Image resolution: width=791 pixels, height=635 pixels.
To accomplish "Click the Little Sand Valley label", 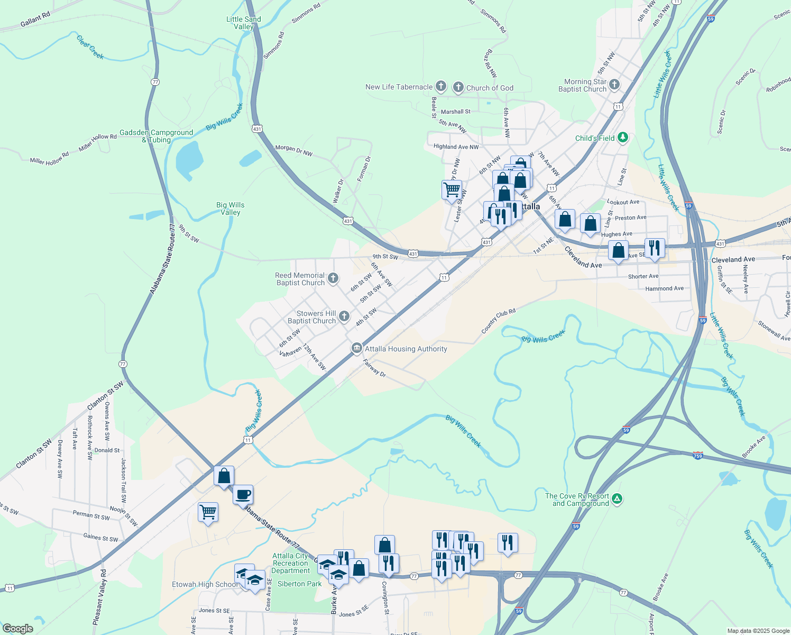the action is pyautogui.click(x=244, y=23).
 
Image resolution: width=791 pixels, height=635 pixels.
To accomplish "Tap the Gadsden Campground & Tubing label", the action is pyautogui.click(x=156, y=136).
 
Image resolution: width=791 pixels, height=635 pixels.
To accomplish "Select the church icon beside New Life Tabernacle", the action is pyautogui.click(x=441, y=87).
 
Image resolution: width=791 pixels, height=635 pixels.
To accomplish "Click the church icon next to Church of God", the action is pyautogui.click(x=458, y=87).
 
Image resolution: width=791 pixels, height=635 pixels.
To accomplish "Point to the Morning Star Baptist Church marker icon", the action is pyautogui.click(x=614, y=85).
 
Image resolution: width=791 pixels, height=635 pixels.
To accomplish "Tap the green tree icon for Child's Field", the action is pyautogui.click(x=623, y=138).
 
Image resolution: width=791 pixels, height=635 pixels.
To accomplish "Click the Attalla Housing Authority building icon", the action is pyautogui.click(x=357, y=349).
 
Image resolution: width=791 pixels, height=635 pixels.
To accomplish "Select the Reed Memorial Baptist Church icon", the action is pyautogui.click(x=333, y=278).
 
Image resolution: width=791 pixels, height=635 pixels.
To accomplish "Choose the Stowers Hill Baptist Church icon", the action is pyautogui.click(x=344, y=316).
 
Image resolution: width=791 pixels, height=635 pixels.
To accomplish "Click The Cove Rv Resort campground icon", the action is pyautogui.click(x=617, y=499).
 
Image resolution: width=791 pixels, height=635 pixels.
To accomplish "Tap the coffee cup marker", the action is pyautogui.click(x=243, y=495).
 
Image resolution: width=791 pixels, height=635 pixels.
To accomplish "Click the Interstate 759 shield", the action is pyautogui.click(x=698, y=455).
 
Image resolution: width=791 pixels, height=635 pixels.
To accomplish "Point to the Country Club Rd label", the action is pyautogui.click(x=498, y=321).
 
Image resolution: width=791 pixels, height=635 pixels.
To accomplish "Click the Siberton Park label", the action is pyautogui.click(x=299, y=584).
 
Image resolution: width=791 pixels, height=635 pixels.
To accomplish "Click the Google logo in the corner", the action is pyautogui.click(x=17, y=629).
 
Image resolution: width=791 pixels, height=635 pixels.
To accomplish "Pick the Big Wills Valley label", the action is pyautogui.click(x=231, y=208).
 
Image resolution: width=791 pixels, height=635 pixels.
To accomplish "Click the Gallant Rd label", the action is pyautogui.click(x=35, y=20).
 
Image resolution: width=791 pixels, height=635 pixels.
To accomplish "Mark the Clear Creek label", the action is pyautogui.click(x=90, y=47).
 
